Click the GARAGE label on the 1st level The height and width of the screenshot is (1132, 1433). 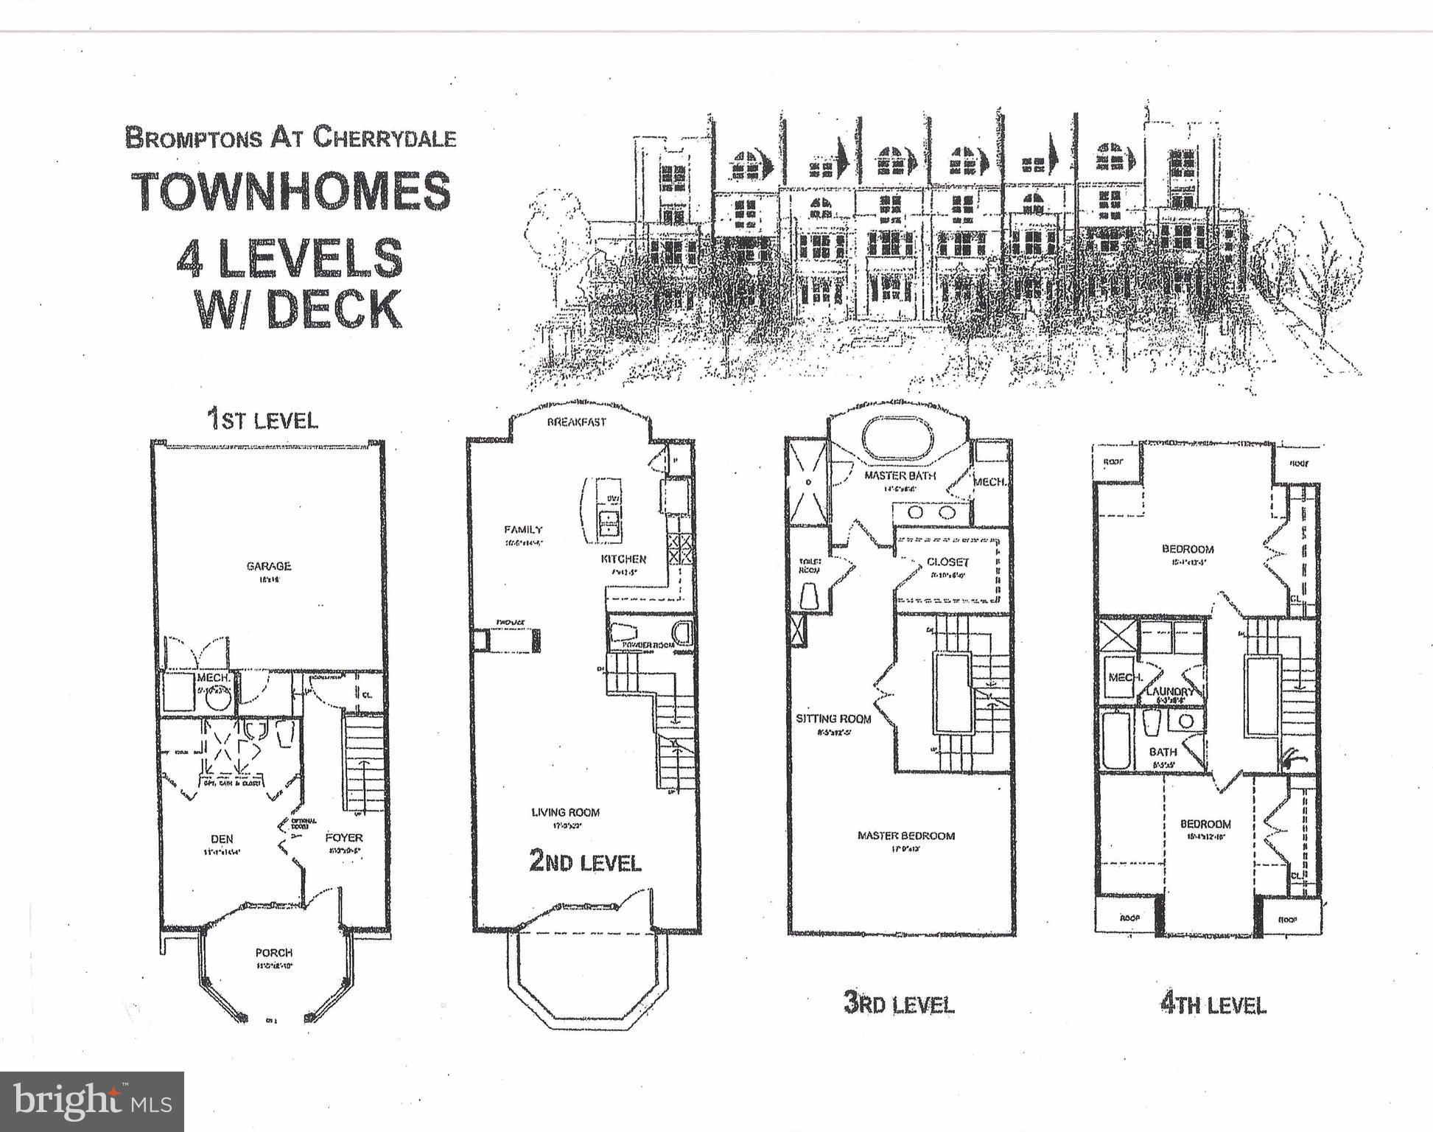click(268, 566)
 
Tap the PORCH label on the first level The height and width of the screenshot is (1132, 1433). click(274, 953)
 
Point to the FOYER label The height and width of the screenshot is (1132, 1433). click(344, 838)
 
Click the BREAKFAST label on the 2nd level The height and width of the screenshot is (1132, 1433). click(576, 422)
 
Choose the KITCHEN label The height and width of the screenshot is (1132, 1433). click(623, 559)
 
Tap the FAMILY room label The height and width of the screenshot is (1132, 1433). click(523, 529)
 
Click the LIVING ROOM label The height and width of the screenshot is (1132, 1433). click(566, 812)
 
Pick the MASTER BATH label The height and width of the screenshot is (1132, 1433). click(900, 476)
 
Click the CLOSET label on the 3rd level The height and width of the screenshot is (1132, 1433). click(947, 562)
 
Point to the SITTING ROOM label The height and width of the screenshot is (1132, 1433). click(833, 719)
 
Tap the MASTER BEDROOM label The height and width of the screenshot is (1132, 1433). click(905, 836)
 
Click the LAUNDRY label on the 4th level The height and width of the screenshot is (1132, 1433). click(1169, 692)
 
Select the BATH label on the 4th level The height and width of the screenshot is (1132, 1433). click(1163, 752)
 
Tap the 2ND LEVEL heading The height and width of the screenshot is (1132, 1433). click(585, 862)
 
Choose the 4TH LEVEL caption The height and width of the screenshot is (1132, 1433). click(1213, 1005)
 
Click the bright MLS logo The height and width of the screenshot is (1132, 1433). click(91, 1102)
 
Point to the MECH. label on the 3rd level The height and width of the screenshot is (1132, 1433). click(989, 482)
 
